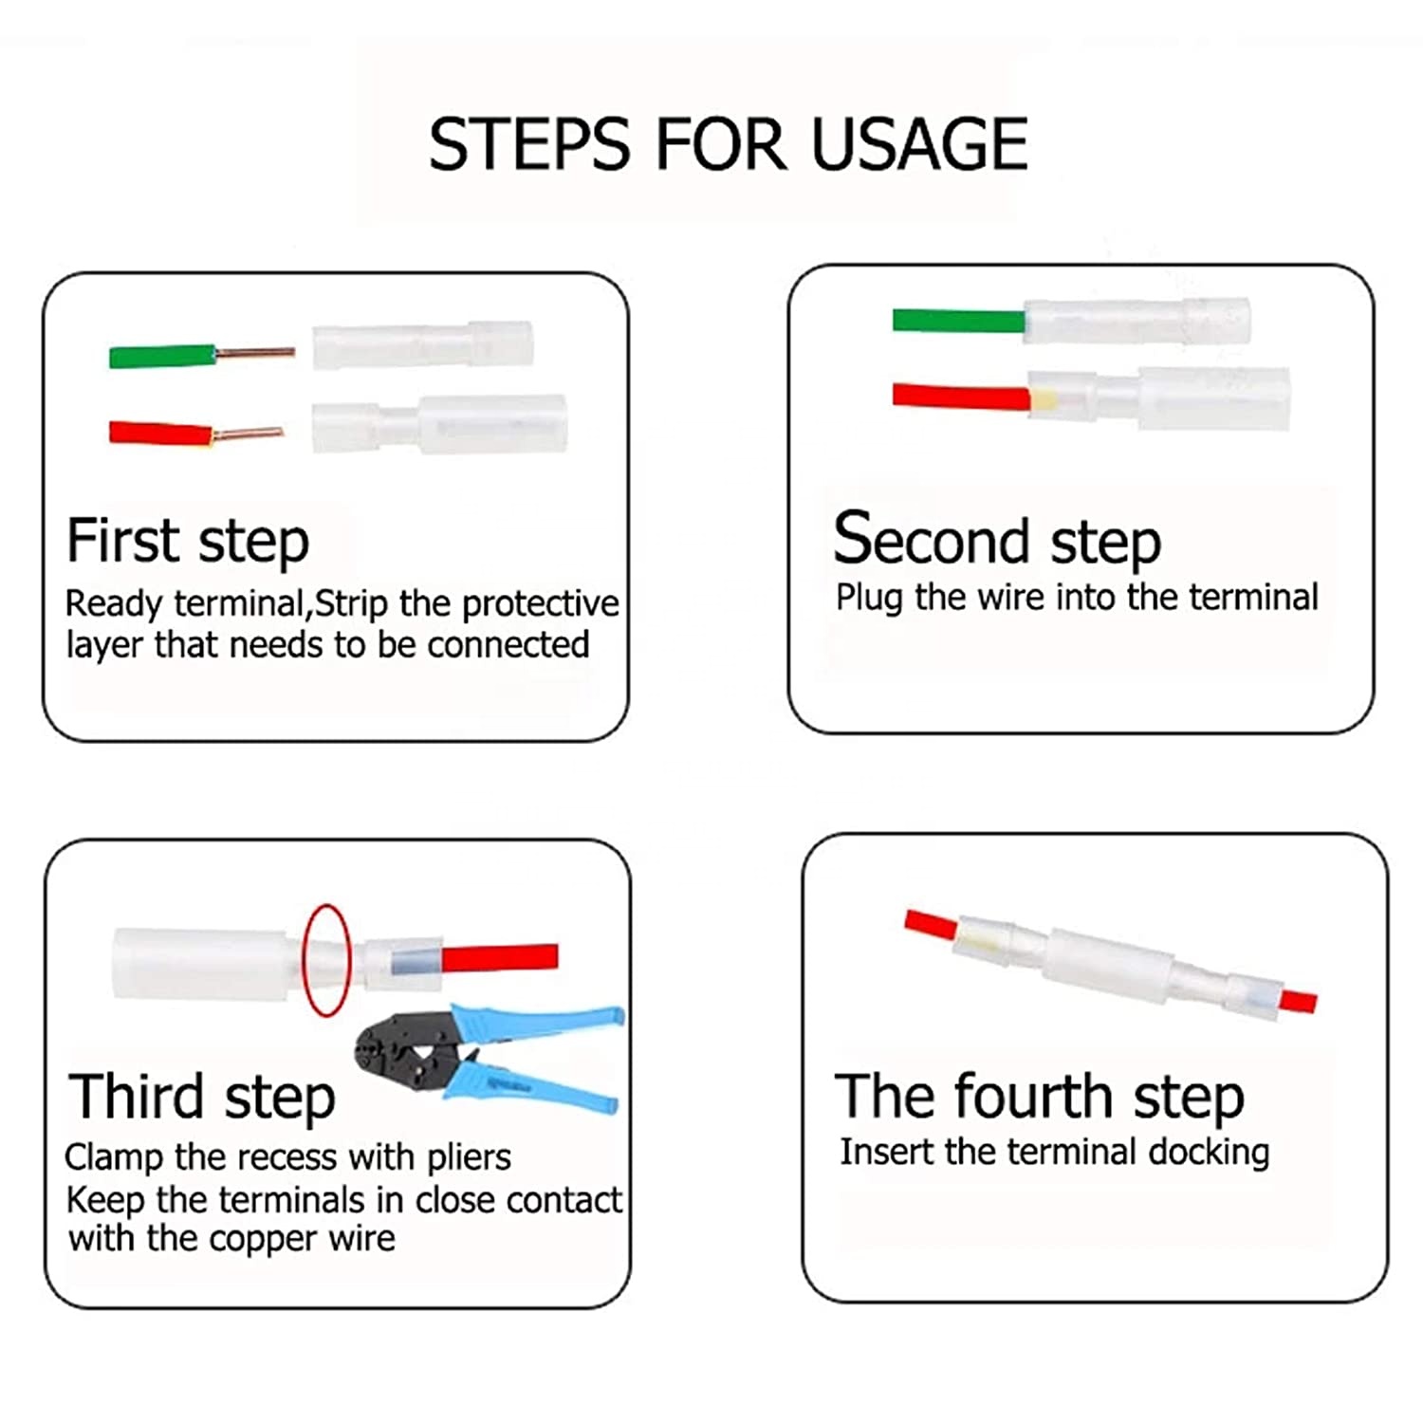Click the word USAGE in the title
point(919,144)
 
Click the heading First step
point(188,542)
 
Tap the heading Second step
point(997,538)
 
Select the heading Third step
point(202,1097)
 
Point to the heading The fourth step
point(1040,1097)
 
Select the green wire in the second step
point(959,321)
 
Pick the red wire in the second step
point(961,396)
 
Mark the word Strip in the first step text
point(352,604)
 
